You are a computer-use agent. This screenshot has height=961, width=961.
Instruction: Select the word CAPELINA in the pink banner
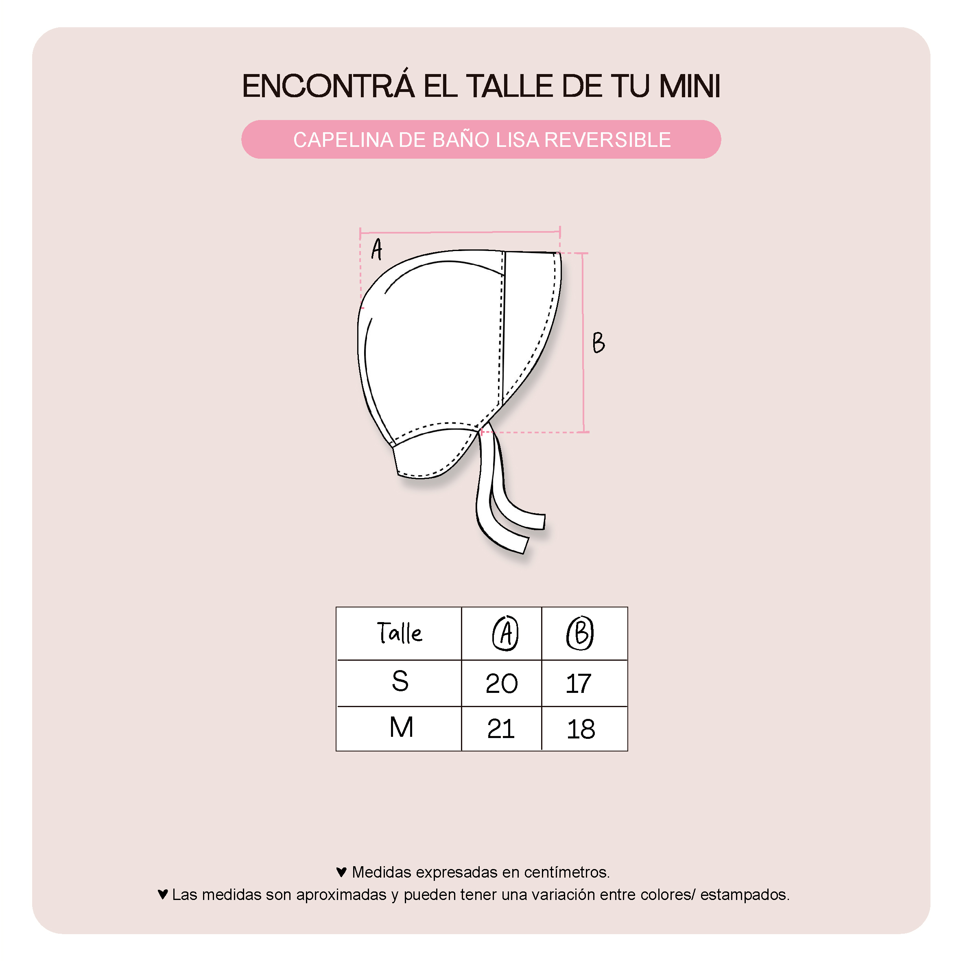tap(343, 140)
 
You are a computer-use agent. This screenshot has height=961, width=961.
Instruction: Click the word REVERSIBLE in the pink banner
tap(607, 140)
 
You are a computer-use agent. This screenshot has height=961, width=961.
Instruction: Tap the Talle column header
tap(400, 633)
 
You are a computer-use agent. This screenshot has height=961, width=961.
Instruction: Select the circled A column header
tap(505, 633)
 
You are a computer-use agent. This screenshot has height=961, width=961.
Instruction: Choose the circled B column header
tap(580, 633)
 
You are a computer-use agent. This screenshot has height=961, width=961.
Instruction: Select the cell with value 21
tap(501, 729)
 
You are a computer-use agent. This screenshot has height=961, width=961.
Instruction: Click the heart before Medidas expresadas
tap(341, 872)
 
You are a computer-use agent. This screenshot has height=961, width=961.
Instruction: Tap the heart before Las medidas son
tap(163, 894)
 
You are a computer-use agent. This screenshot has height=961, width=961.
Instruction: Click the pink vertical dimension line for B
tap(583, 343)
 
